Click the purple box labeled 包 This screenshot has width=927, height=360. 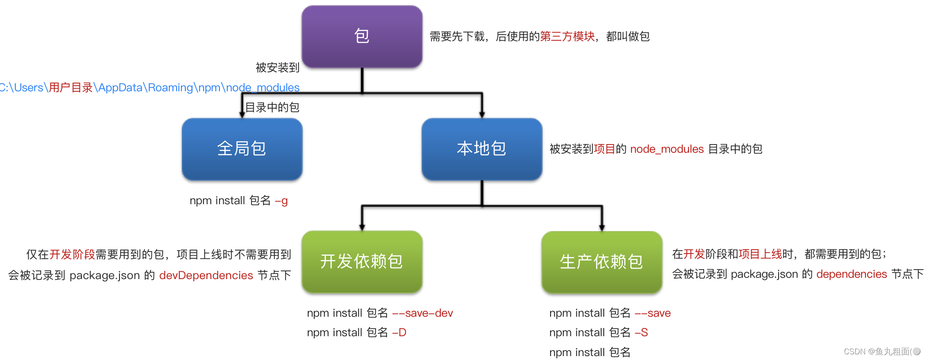pos(362,36)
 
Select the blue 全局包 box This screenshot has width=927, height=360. pos(242,149)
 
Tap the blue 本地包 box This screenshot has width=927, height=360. pos(482,149)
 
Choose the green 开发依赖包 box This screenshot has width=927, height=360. pos(362,261)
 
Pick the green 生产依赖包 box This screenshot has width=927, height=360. pos(602,262)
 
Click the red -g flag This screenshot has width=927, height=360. pos(281,201)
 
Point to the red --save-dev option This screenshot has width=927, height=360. pos(422,313)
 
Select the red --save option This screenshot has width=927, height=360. pos(653,313)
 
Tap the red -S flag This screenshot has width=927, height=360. pos(641,332)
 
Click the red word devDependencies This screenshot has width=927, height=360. pos(206,275)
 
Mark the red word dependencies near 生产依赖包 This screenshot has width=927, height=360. pos(851,274)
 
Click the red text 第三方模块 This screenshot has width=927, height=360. pos(567,36)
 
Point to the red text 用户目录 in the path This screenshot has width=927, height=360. pos(71,87)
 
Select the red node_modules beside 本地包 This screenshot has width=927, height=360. pos(667,149)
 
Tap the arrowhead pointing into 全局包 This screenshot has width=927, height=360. pos(242,114)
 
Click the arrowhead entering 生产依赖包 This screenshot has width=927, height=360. pos(602,228)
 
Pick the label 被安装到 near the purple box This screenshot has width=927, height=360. pos(277,67)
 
